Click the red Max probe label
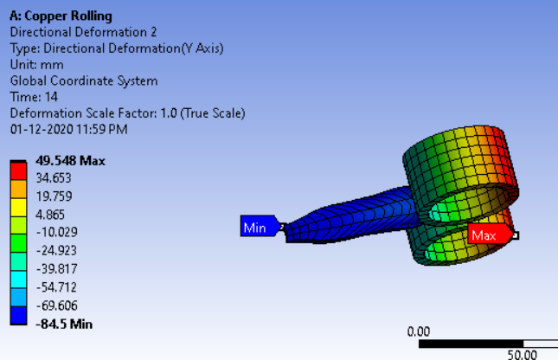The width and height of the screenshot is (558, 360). (x=491, y=234)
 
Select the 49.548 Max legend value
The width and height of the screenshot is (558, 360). (x=70, y=161)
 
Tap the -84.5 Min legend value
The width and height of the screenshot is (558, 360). (x=64, y=325)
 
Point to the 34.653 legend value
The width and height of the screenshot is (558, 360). (x=54, y=178)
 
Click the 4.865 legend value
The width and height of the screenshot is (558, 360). (x=50, y=215)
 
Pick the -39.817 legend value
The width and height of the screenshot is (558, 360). (x=56, y=269)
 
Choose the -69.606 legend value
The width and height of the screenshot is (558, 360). (x=56, y=305)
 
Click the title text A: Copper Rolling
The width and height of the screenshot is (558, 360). (x=61, y=16)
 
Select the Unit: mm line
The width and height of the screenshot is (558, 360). (x=37, y=65)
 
